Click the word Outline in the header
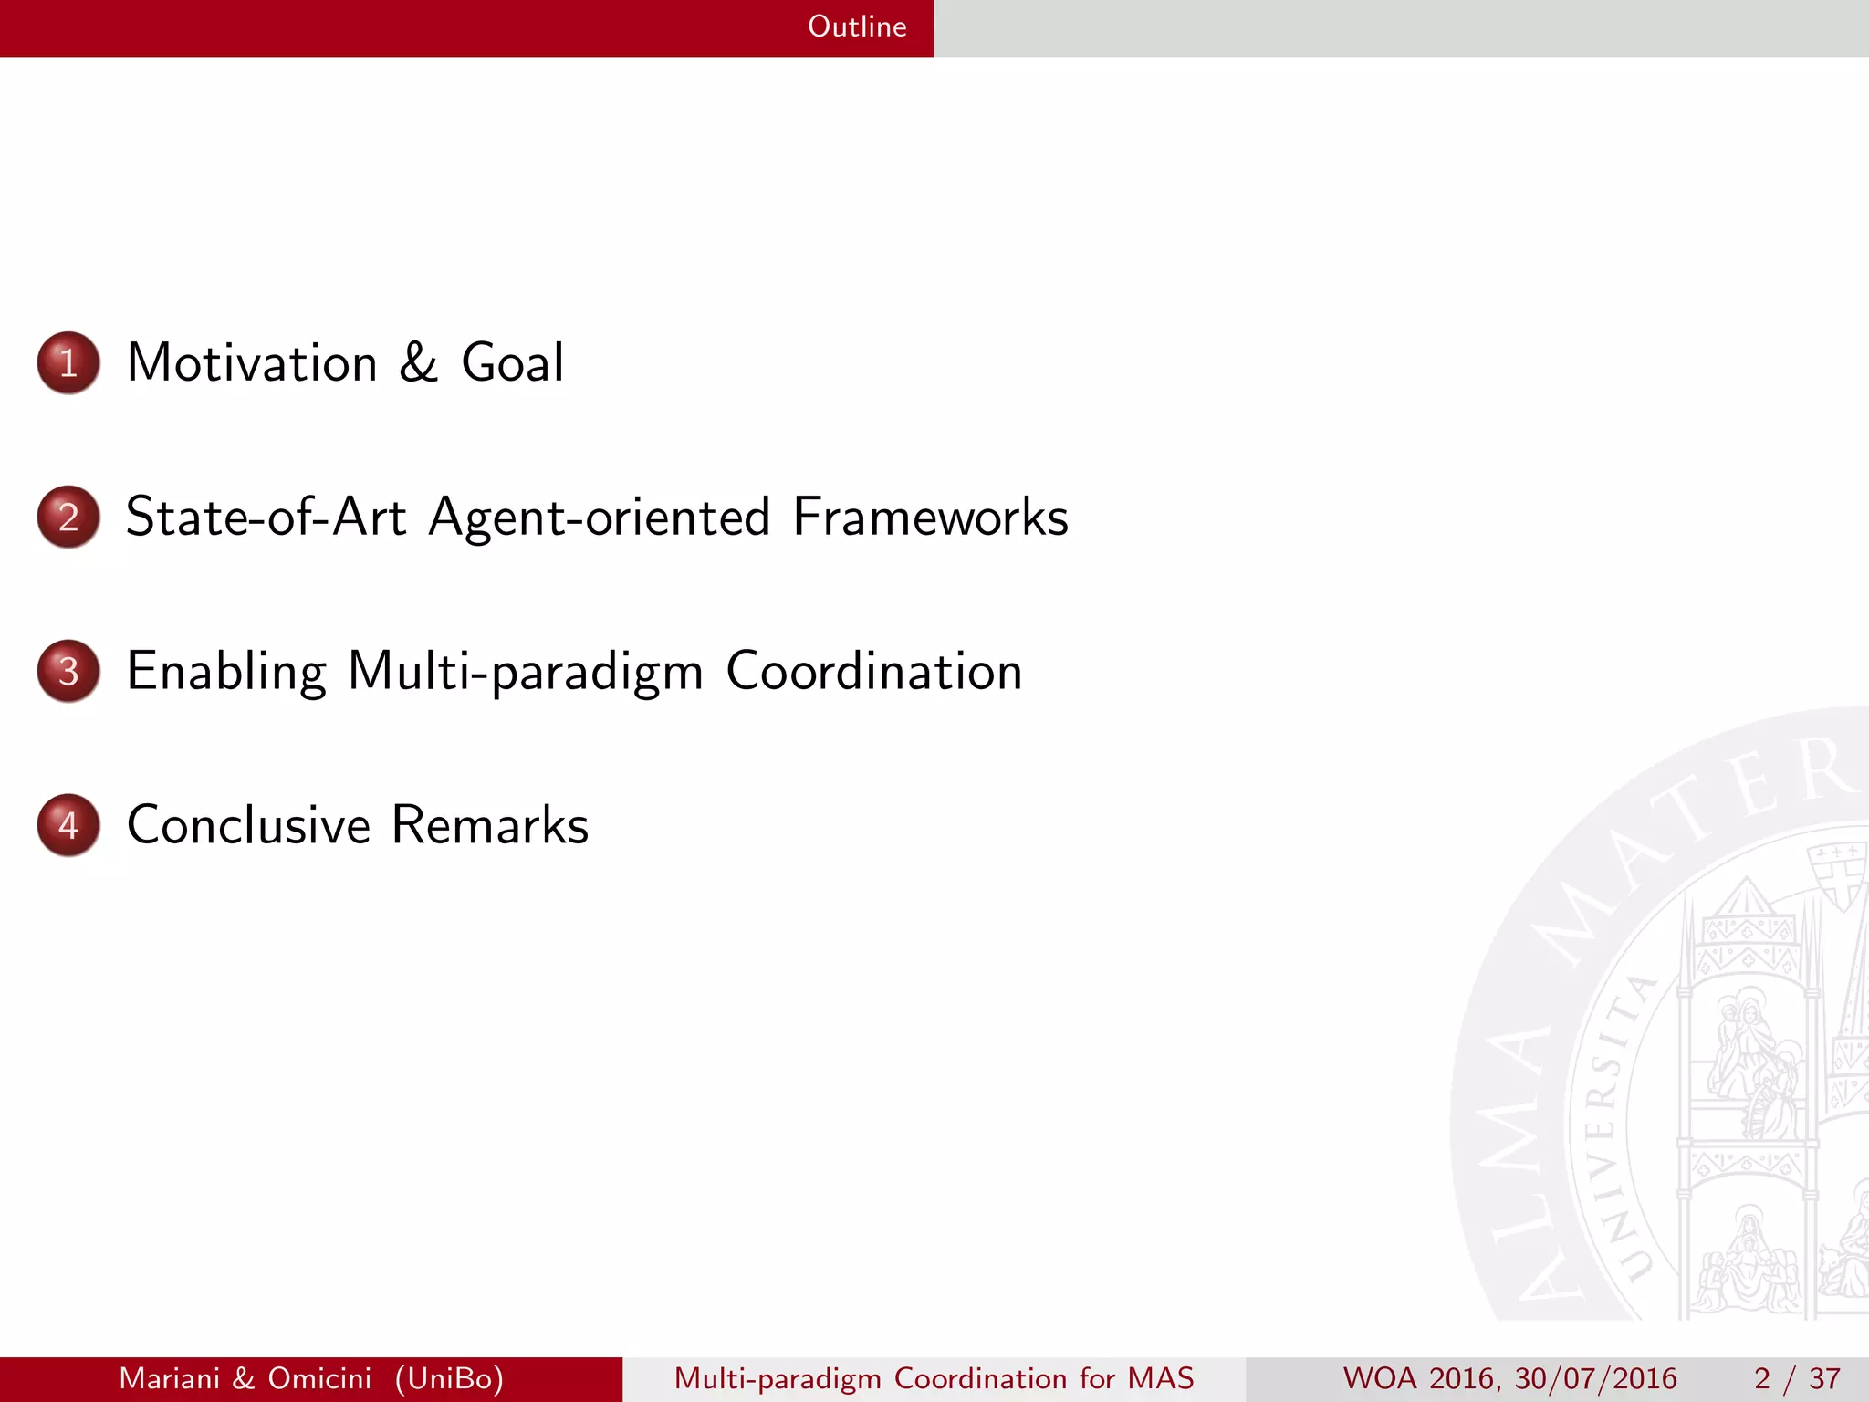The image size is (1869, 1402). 856,26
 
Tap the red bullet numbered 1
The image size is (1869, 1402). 68,362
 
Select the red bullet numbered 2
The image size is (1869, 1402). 68,517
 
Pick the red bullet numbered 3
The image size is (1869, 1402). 68,671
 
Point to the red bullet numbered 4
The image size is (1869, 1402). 68,825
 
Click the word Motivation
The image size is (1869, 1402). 252,362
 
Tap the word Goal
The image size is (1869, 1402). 512,362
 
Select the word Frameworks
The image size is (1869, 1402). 930,517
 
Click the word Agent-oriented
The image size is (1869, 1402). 600,518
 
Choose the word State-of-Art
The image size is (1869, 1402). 266,517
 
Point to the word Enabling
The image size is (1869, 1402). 226,673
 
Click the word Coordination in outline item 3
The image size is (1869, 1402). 873,671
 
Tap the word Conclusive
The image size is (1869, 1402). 248,825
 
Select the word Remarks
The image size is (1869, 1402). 489,825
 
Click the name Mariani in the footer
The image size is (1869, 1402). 170,1378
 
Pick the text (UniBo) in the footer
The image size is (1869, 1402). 449,1378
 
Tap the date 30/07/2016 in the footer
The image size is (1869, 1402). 1595,1378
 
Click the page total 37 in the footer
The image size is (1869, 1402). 1824,1378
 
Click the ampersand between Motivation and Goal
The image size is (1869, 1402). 418,362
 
